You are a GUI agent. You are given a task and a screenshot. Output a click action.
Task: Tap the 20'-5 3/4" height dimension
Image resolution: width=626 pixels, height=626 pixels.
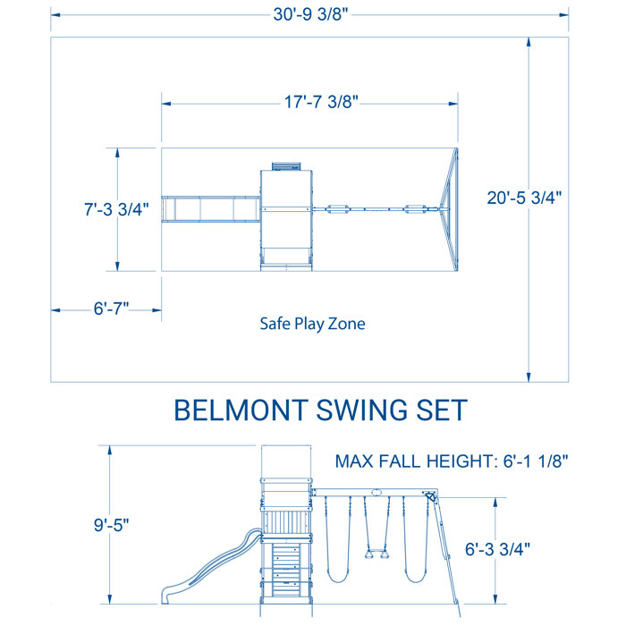click(x=524, y=199)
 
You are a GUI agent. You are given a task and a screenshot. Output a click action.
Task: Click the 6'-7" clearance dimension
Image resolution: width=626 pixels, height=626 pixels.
click(x=112, y=309)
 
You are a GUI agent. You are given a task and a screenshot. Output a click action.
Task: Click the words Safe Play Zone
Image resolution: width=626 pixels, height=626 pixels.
click(x=312, y=324)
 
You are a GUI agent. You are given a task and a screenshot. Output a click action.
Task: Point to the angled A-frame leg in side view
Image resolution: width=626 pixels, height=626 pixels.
click(x=448, y=554)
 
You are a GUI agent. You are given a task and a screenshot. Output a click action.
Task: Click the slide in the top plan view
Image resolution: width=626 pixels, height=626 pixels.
click(x=208, y=208)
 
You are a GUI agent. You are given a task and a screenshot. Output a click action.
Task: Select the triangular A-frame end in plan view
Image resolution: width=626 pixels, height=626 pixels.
click(x=450, y=208)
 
